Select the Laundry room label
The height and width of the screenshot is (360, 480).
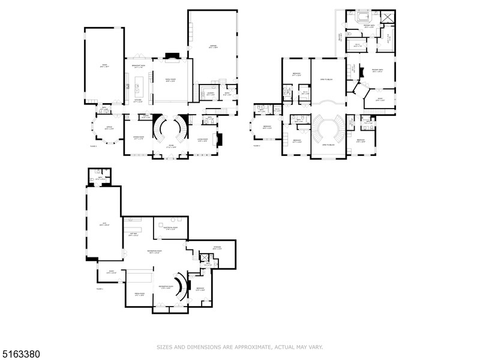(x=211, y=94)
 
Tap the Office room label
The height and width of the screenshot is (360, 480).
(x=109, y=128)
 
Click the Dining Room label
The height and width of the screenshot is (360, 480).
(x=137, y=139)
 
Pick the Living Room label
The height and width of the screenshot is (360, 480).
(x=203, y=141)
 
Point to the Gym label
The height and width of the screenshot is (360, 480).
(x=104, y=224)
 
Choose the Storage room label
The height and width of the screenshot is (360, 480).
(x=217, y=248)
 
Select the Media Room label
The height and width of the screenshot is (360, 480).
(x=139, y=295)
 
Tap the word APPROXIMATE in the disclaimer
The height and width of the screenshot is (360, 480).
(x=247, y=347)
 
